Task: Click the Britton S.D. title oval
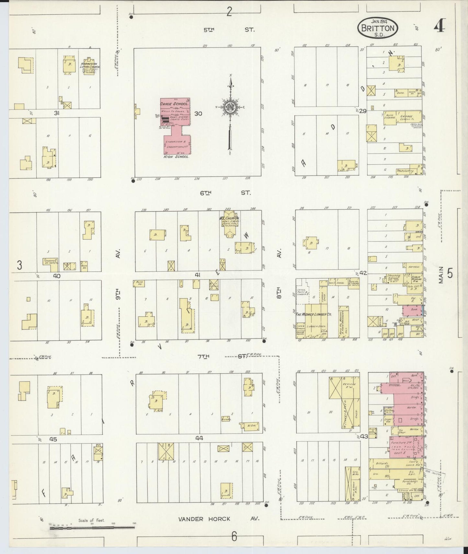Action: click(x=378, y=29)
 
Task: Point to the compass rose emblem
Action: click(x=230, y=107)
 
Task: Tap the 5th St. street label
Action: click(x=229, y=30)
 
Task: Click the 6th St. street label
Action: click(x=225, y=193)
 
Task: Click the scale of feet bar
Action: click(x=92, y=527)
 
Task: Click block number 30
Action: click(x=198, y=113)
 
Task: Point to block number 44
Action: click(x=199, y=438)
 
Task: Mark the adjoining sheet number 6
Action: click(x=234, y=536)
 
